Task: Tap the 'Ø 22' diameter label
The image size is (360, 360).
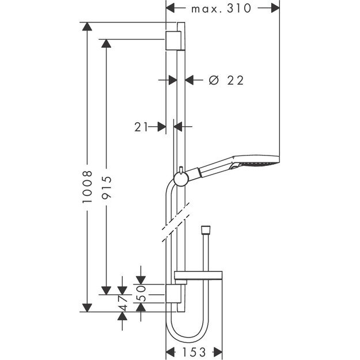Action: click(x=225, y=81)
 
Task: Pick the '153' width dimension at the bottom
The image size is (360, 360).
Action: click(x=194, y=351)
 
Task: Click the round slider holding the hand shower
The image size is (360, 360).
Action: click(x=181, y=179)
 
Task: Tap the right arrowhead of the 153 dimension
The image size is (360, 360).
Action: click(x=218, y=351)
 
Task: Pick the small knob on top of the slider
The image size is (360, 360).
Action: click(x=181, y=169)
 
